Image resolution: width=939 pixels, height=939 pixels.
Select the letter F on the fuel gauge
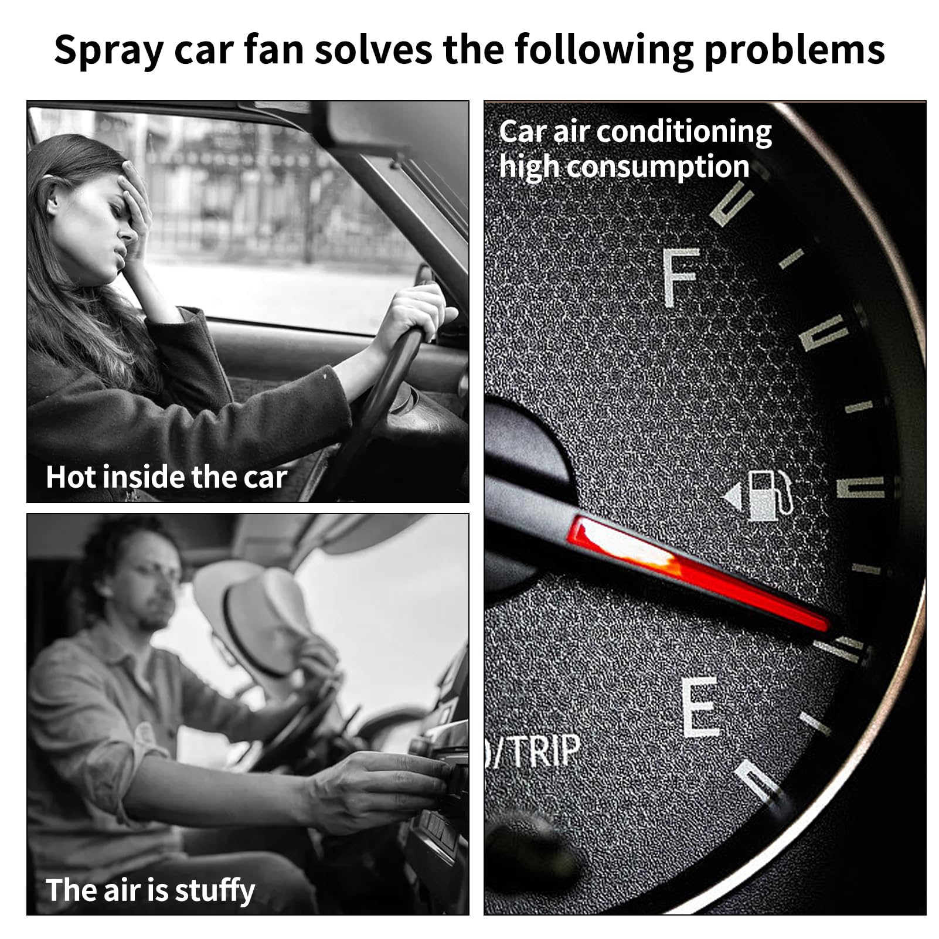pyautogui.click(x=681, y=277)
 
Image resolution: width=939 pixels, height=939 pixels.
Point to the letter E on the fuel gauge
pyautogui.click(x=701, y=706)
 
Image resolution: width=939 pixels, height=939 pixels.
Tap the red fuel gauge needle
pyautogui.click(x=698, y=573)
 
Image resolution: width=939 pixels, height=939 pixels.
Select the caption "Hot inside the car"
pyautogui.click(x=166, y=477)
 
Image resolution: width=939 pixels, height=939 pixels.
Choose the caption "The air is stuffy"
pyautogui.click(x=150, y=891)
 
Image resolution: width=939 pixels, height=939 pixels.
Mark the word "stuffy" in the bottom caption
pyautogui.click(x=215, y=891)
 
